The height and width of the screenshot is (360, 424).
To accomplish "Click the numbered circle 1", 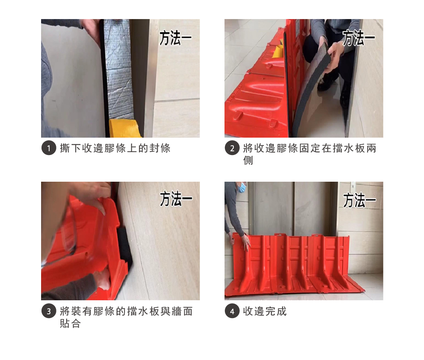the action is coord(49,148).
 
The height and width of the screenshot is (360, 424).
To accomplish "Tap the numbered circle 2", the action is coord(232,148).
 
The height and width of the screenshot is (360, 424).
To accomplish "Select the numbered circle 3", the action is coord(49,311).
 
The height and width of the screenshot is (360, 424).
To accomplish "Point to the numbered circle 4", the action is coord(232,311).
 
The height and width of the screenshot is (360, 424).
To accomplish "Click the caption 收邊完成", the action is coord(265,311).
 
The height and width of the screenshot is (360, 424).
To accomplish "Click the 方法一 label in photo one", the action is coord(175,38).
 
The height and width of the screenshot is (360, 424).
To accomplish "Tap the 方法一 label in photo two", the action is coord(359,38).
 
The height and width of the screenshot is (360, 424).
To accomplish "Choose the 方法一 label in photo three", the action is coord(176,199).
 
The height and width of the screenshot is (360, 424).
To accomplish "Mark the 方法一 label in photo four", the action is coord(360,200).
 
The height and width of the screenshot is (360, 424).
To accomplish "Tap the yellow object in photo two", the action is coord(278,52).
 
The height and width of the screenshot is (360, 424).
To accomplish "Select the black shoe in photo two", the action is coord(324,82).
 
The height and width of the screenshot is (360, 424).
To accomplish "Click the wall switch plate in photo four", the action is coord(353,186).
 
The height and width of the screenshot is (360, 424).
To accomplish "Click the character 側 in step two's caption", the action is coord(248,161).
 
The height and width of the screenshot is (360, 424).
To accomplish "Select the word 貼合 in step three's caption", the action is coord(70,323).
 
